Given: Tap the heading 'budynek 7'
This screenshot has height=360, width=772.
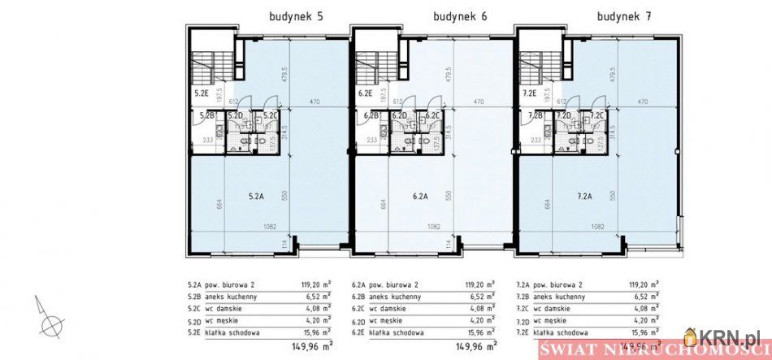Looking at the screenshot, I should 623,15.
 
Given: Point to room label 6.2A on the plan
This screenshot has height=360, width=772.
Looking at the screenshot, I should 420,195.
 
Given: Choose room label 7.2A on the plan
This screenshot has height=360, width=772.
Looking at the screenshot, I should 584,195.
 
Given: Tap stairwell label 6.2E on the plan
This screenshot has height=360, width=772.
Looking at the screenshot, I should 365,94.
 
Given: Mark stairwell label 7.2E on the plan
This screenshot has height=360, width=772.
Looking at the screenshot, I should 528,94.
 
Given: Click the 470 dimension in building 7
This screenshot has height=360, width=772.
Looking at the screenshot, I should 642,102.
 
